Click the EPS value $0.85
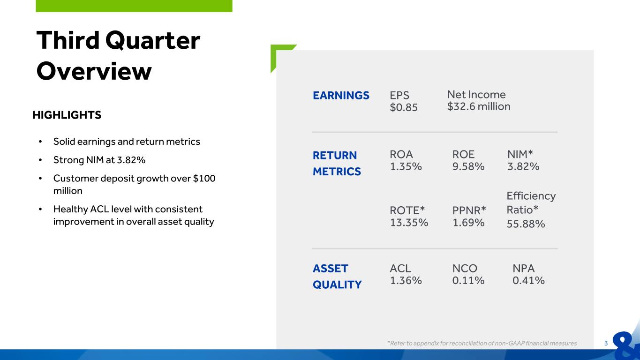tap(403, 107)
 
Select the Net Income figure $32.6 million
tap(479, 106)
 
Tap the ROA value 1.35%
tap(406, 166)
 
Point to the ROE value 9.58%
tap(468, 166)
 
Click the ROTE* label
tap(407, 210)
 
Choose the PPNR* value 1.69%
tap(468, 223)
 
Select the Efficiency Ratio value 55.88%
tap(526, 224)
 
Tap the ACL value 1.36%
tap(406, 281)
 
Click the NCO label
tap(465, 269)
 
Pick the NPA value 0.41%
tap(528, 281)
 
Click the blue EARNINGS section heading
tap(341, 96)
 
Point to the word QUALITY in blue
tap(337, 285)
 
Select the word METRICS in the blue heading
tap(337, 172)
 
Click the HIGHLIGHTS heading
tap(67, 115)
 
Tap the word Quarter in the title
tap(153, 41)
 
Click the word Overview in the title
tap(94, 71)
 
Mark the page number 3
tap(606, 344)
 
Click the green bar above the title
tap(134, 6)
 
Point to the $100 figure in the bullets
tap(204, 178)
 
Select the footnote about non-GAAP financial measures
tap(482, 343)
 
